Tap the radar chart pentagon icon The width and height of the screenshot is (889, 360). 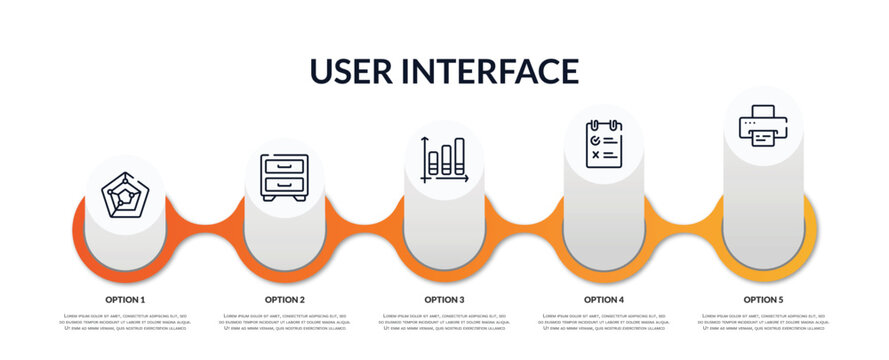125,195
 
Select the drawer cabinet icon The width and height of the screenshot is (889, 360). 284,177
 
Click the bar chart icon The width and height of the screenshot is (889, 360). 444,160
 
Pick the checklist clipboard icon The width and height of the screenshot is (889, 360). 604,143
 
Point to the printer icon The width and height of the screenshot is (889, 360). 763,126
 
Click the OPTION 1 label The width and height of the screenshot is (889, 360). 125,299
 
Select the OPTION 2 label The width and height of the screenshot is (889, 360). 285,299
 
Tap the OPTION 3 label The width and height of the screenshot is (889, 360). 444,299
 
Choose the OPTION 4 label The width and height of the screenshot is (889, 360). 604,299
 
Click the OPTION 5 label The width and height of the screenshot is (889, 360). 763,299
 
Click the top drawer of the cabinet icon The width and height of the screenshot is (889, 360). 284,167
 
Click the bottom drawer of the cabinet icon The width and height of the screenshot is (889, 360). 284,184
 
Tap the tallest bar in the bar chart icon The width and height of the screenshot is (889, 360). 459,157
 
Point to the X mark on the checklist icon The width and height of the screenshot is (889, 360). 596,155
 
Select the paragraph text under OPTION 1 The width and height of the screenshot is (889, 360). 125,323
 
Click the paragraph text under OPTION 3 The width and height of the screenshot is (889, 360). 444,323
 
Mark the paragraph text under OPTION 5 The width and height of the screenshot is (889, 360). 763,323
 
